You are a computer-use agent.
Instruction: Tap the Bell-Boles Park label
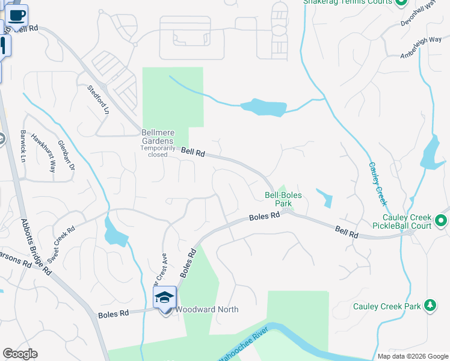point(283,199)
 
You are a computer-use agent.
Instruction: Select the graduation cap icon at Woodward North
point(165,297)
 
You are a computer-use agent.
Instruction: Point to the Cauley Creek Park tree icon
point(430,306)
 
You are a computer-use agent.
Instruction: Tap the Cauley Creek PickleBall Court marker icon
point(441,221)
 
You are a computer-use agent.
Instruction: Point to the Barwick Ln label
point(23,146)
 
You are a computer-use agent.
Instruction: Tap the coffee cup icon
point(18,14)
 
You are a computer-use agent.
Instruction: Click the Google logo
point(20,354)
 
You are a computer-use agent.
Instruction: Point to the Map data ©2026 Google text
point(412,356)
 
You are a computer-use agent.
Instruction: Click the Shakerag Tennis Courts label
point(348,2)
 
